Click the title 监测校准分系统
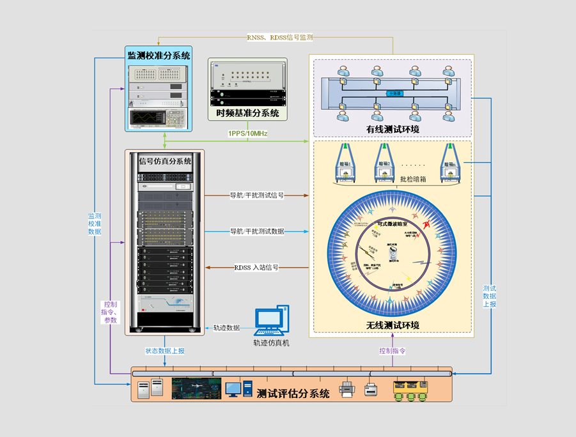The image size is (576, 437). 159,56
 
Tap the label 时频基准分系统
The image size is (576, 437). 247,114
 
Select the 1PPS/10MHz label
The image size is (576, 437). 247,134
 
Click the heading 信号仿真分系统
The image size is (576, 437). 165,161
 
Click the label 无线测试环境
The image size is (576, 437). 393,325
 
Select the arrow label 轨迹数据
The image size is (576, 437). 226,328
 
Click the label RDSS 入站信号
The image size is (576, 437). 256,268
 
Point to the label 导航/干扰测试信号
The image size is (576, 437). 256,195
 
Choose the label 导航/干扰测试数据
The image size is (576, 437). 256,231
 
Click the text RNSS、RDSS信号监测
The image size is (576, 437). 280,38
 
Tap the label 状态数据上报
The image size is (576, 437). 165,351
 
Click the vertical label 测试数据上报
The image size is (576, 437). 490,296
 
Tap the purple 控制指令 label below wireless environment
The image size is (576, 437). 393,351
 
